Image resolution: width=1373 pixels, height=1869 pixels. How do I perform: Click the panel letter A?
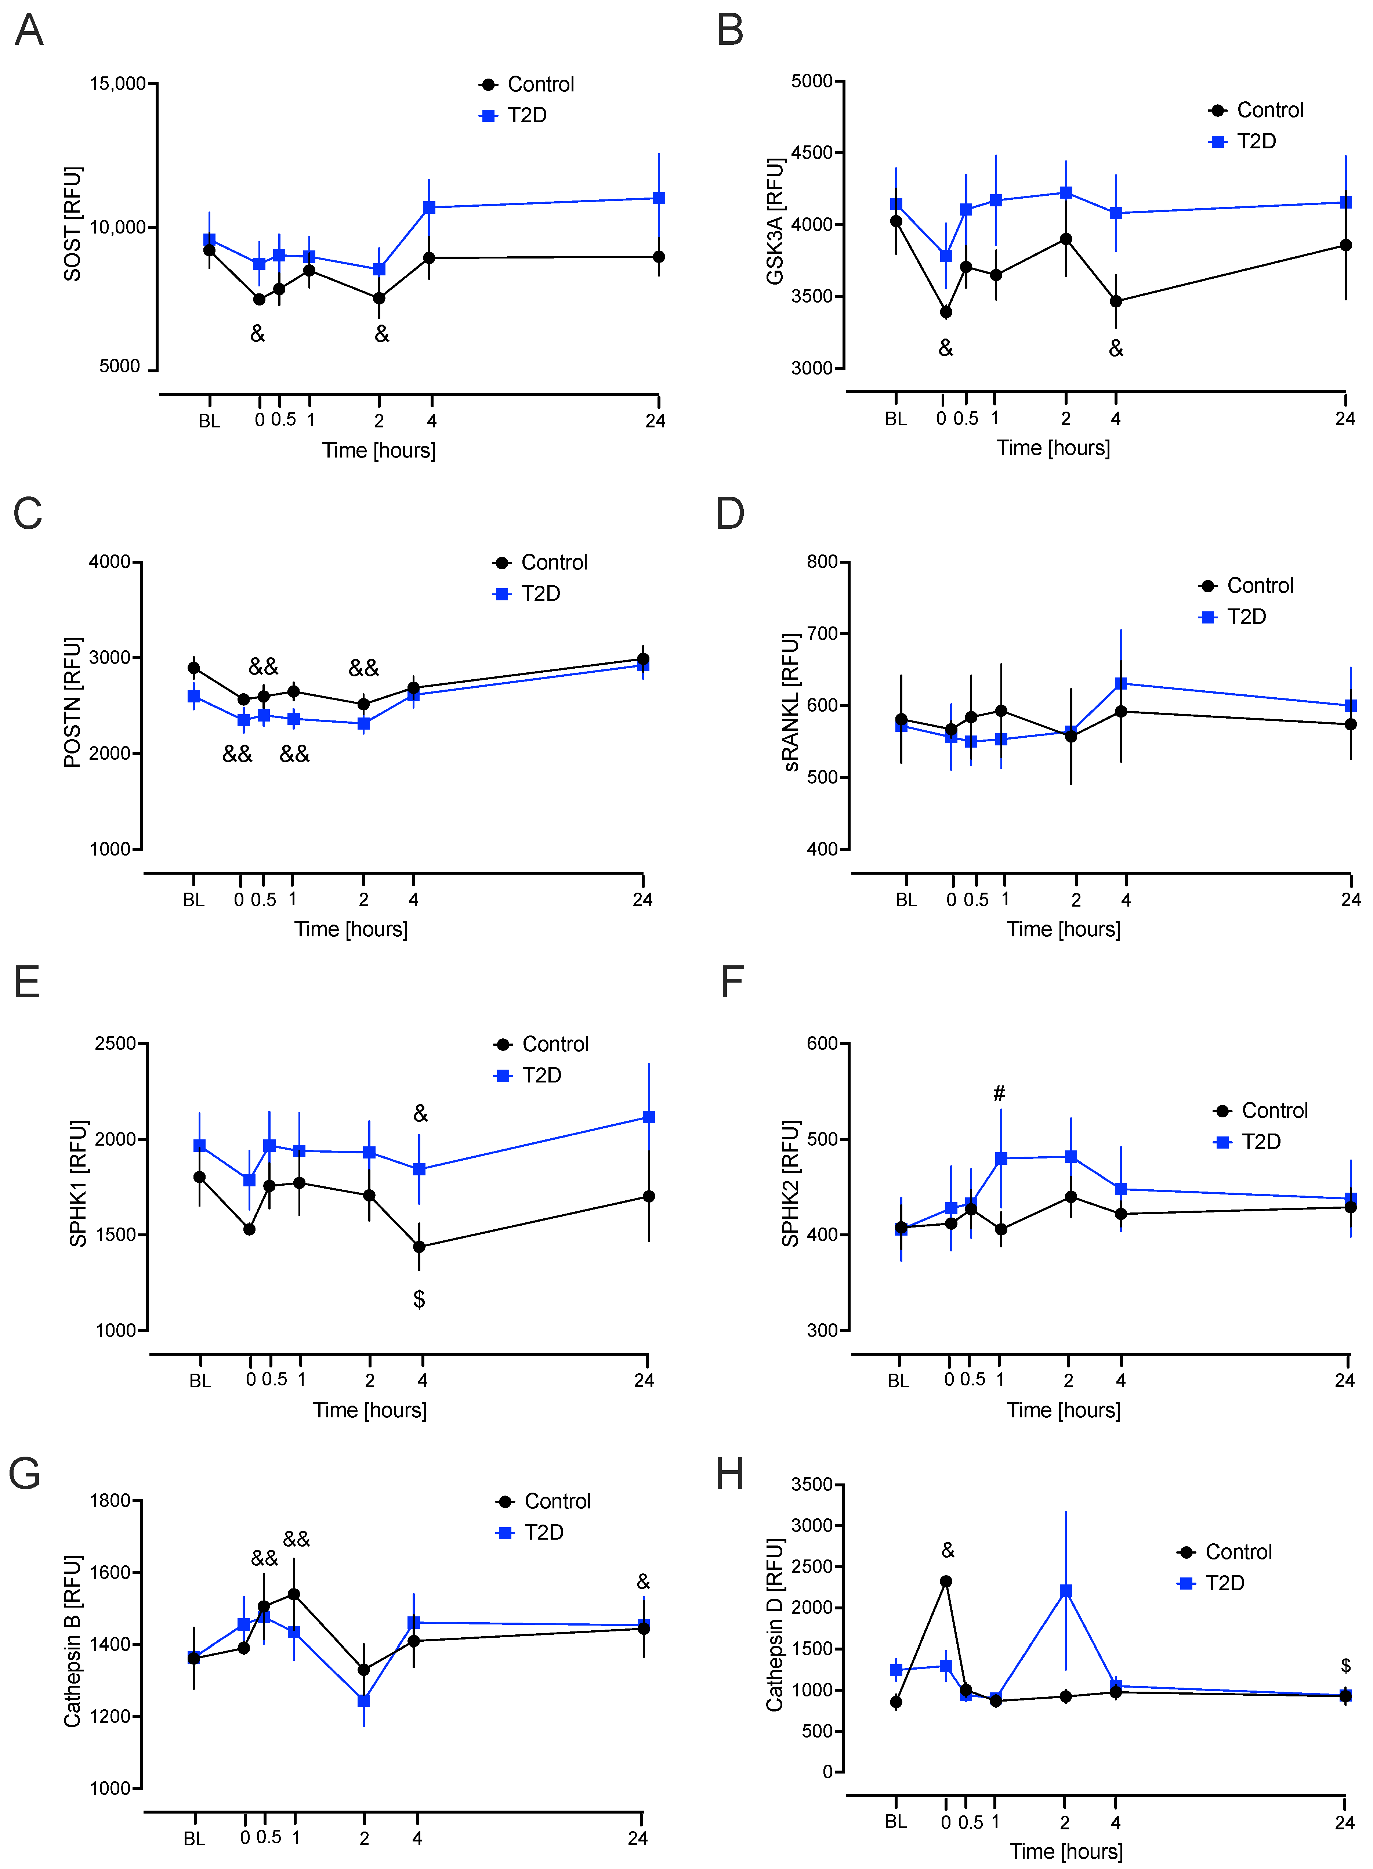[x=29, y=31]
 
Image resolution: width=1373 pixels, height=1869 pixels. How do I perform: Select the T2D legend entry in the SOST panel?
[x=526, y=116]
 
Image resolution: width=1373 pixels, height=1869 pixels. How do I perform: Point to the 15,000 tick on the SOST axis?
[x=117, y=84]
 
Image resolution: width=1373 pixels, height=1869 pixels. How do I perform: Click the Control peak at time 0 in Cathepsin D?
[x=946, y=1581]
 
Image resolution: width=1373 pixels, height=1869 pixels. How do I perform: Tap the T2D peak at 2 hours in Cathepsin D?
[x=1065, y=1590]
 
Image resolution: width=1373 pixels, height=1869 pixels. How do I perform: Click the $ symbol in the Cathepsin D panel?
[x=1345, y=1665]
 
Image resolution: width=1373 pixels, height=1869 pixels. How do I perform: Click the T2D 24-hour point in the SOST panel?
[x=659, y=198]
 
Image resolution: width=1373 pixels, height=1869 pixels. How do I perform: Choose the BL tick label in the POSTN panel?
[x=193, y=900]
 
